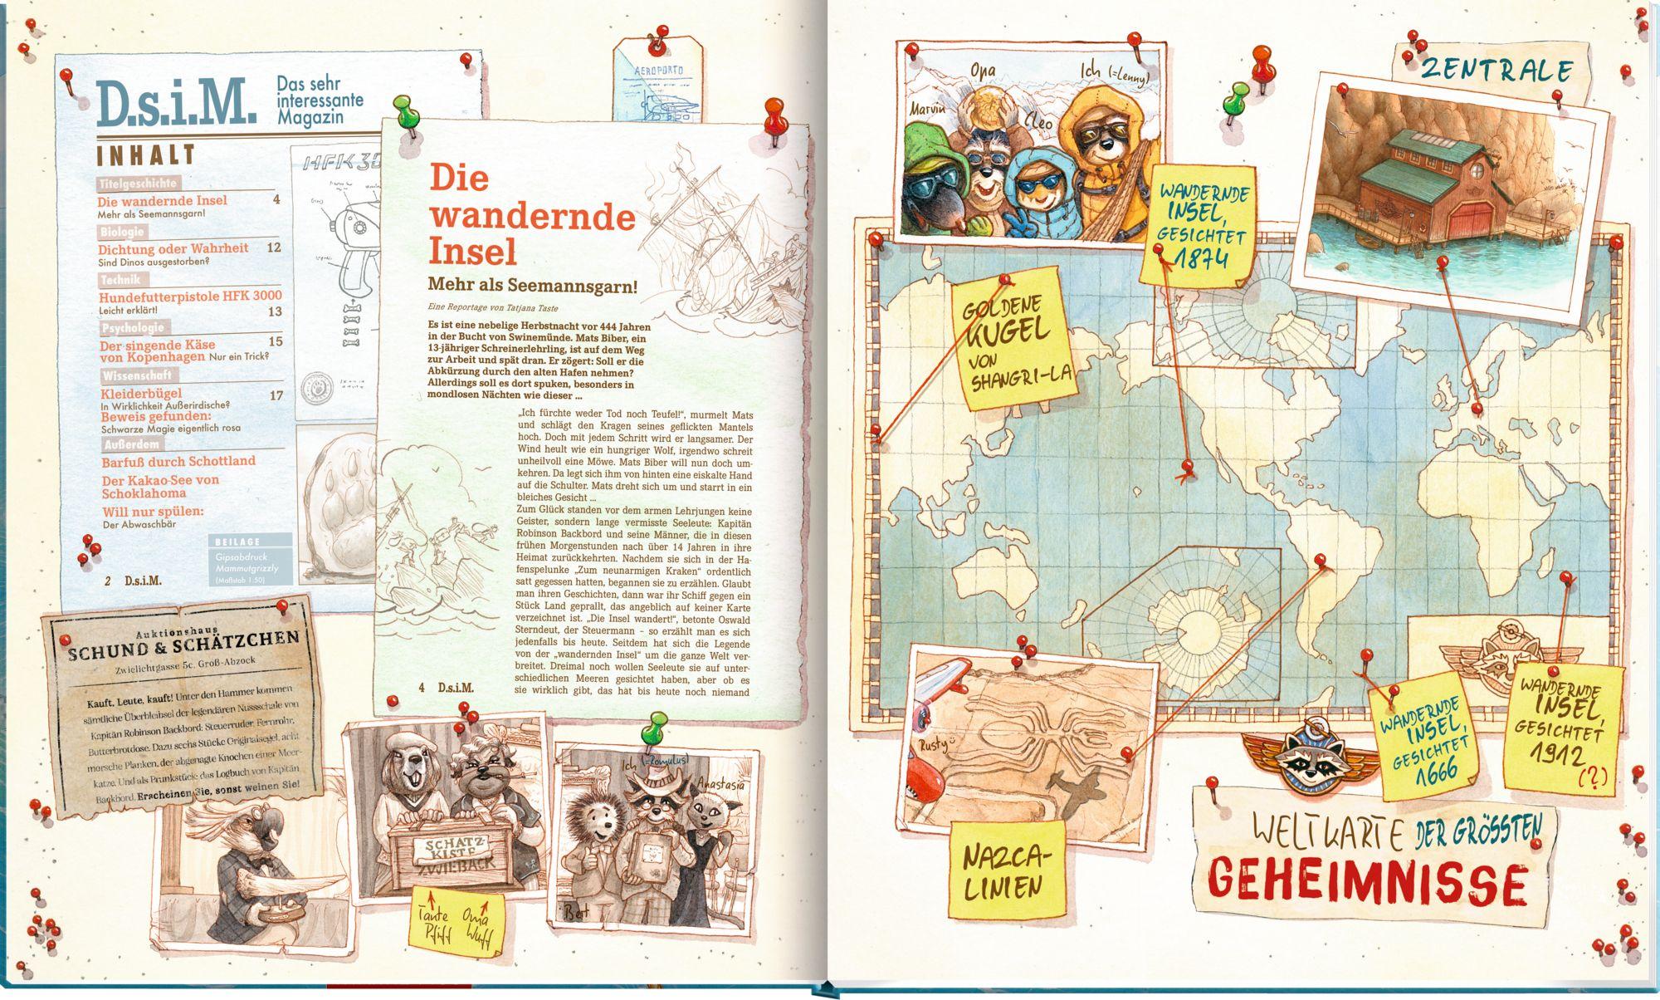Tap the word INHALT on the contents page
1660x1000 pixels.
pos(146,155)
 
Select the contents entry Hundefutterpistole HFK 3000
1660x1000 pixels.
pos(190,296)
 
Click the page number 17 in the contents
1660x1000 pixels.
pos(276,395)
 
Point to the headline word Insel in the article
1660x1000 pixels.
pos(472,250)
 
